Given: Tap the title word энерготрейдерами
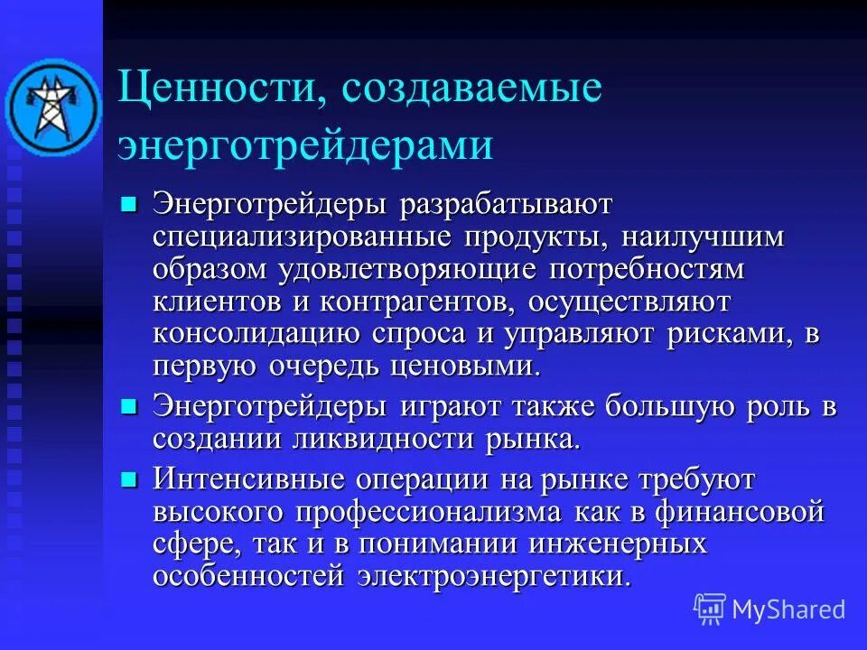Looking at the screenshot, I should (305, 145).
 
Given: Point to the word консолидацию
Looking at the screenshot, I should (256, 334).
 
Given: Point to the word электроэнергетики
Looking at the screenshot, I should (491, 577).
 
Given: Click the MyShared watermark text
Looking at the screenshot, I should (787, 609).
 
